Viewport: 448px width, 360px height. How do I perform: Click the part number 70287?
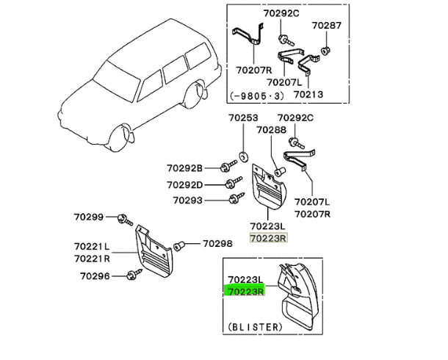click(327, 25)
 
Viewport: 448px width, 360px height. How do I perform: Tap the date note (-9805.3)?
click(258, 95)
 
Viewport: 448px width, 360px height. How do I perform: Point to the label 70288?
click(271, 131)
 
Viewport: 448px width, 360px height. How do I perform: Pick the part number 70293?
click(189, 200)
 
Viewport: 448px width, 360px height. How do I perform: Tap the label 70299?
click(89, 217)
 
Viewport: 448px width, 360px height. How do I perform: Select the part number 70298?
click(217, 243)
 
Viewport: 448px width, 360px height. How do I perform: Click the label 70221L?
click(92, 248)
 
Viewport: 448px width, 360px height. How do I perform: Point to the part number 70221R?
click(92, 259)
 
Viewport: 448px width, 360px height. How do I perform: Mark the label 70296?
click(89, 276)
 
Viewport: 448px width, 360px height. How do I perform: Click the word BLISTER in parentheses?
click(254, 326)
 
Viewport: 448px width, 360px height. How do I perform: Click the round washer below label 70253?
click(242, 156)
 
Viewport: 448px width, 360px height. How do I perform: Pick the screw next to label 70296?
click(133, 276)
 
